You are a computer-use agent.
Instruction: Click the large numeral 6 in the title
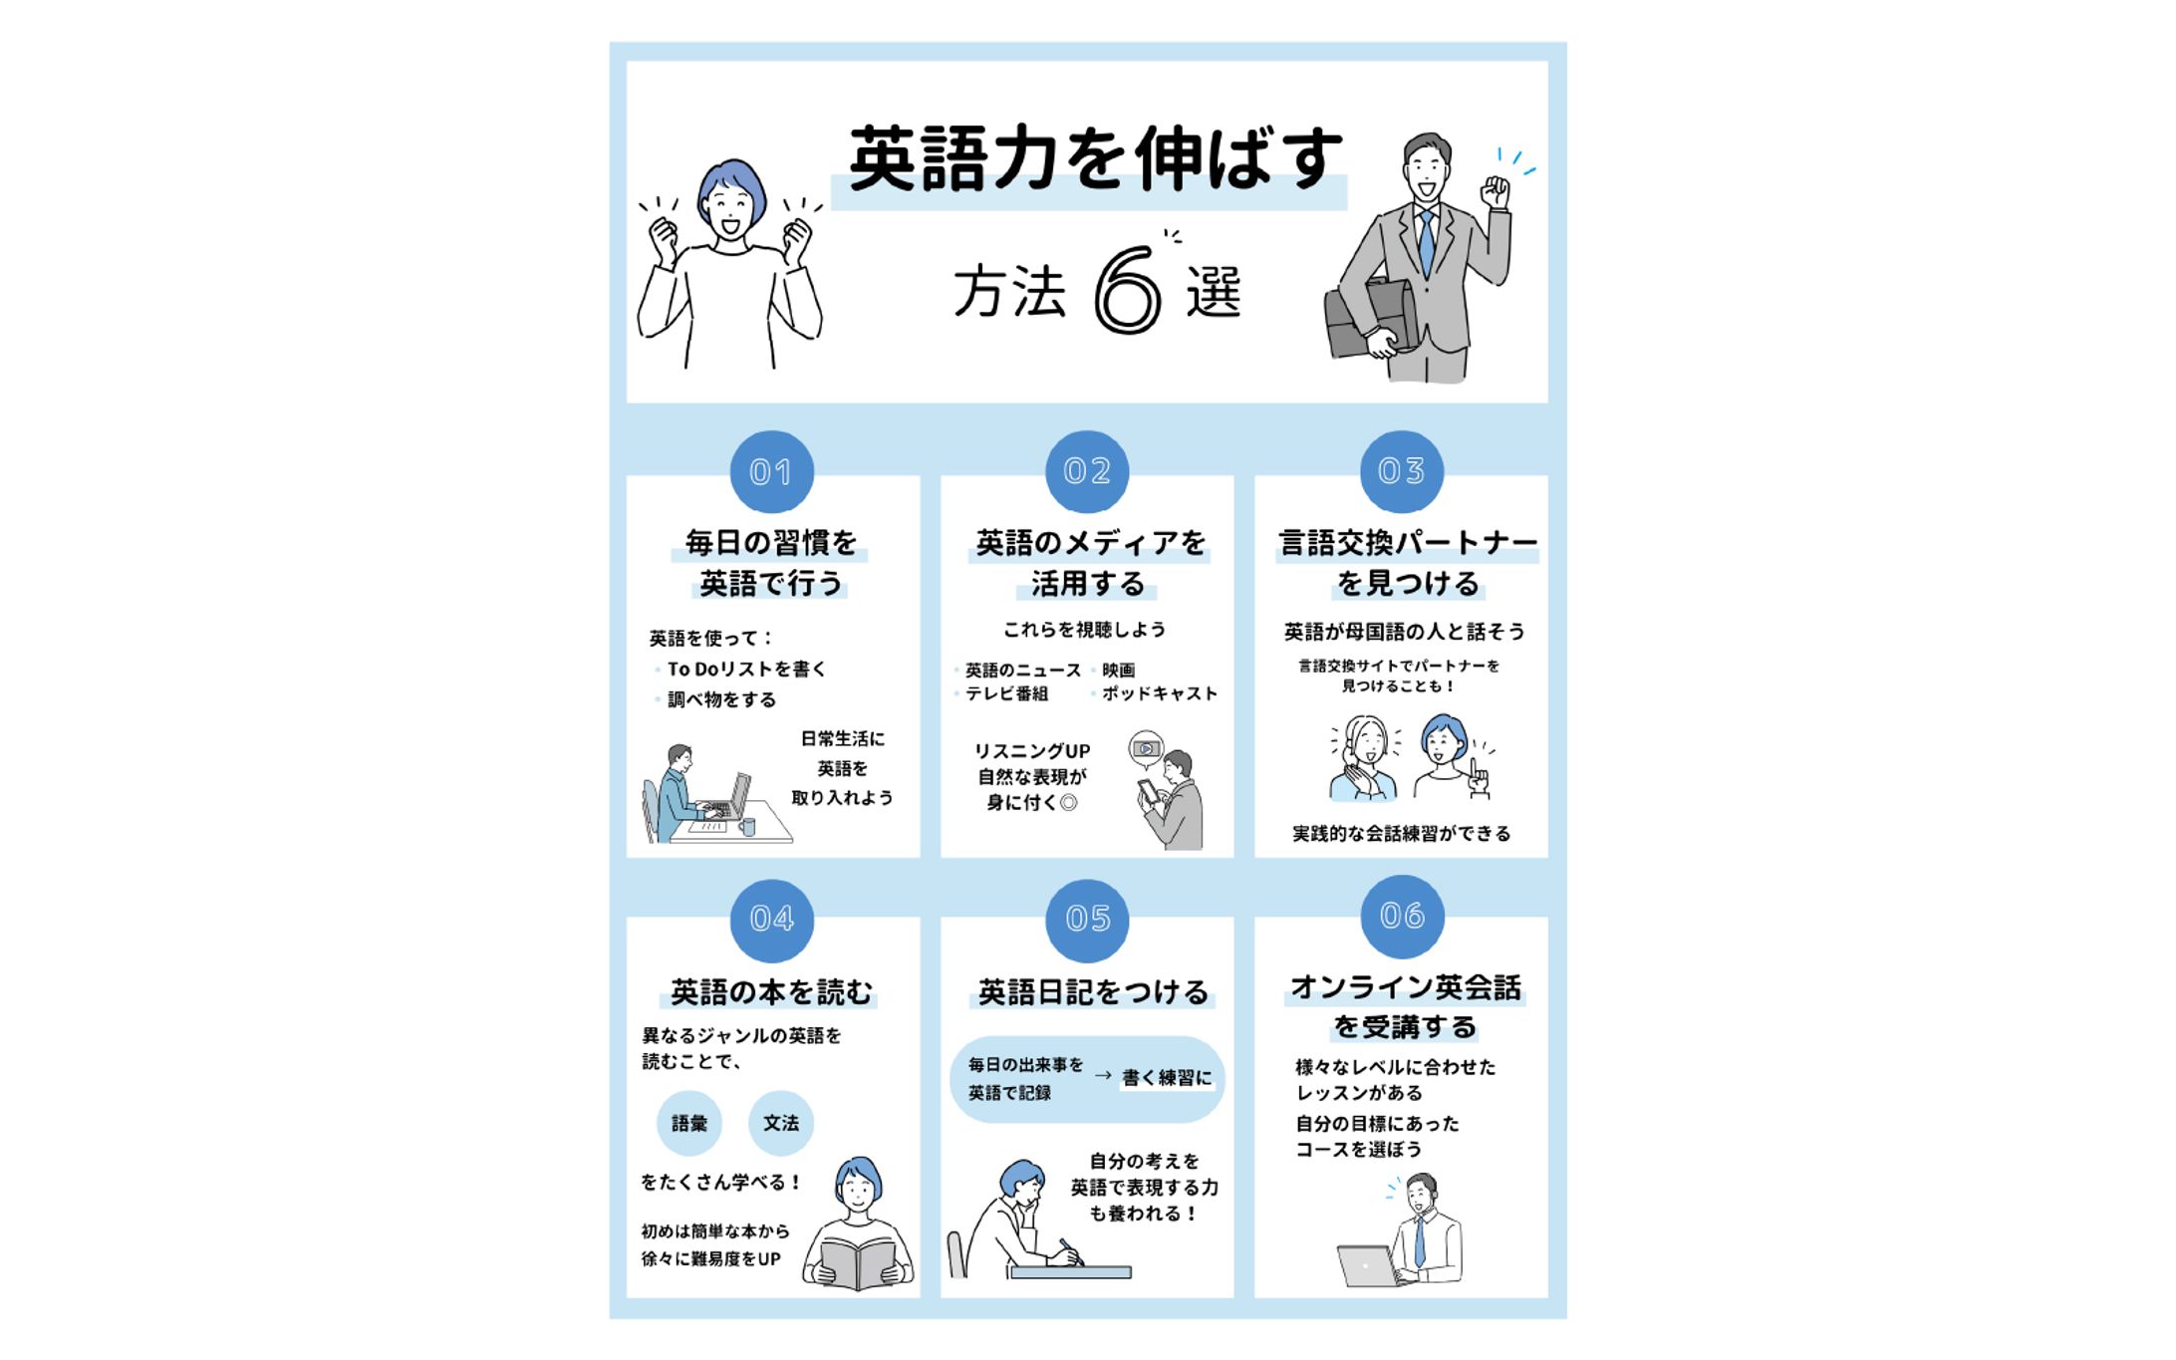(x=1128, y=291)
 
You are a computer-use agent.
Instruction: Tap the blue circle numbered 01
(x=771, y=472)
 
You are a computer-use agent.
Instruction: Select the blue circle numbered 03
(x=1401, y=471)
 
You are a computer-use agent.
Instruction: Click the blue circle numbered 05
(x=1087, y=920)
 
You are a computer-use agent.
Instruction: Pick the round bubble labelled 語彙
(x=689, y=1123)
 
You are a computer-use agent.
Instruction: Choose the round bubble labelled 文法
(x=781, y=1123)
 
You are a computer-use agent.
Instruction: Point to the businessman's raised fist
(x=1494, y=191)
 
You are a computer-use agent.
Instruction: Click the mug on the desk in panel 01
(x=747, y=827)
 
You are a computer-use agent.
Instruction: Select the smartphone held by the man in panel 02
(x=1149, y=790)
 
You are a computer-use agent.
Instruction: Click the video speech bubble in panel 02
(x=1147, y=749)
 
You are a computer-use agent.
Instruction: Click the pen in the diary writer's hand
(x=1071, y=1251)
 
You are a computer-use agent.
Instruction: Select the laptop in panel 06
(x=1369, y=1265)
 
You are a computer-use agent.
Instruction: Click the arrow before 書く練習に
(x=1103, y=1076)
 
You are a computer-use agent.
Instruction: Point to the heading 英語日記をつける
(x=1093, y=992)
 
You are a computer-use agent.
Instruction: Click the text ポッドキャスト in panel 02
(x=1160, y=693)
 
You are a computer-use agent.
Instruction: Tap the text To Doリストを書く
(x=747, y=670)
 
